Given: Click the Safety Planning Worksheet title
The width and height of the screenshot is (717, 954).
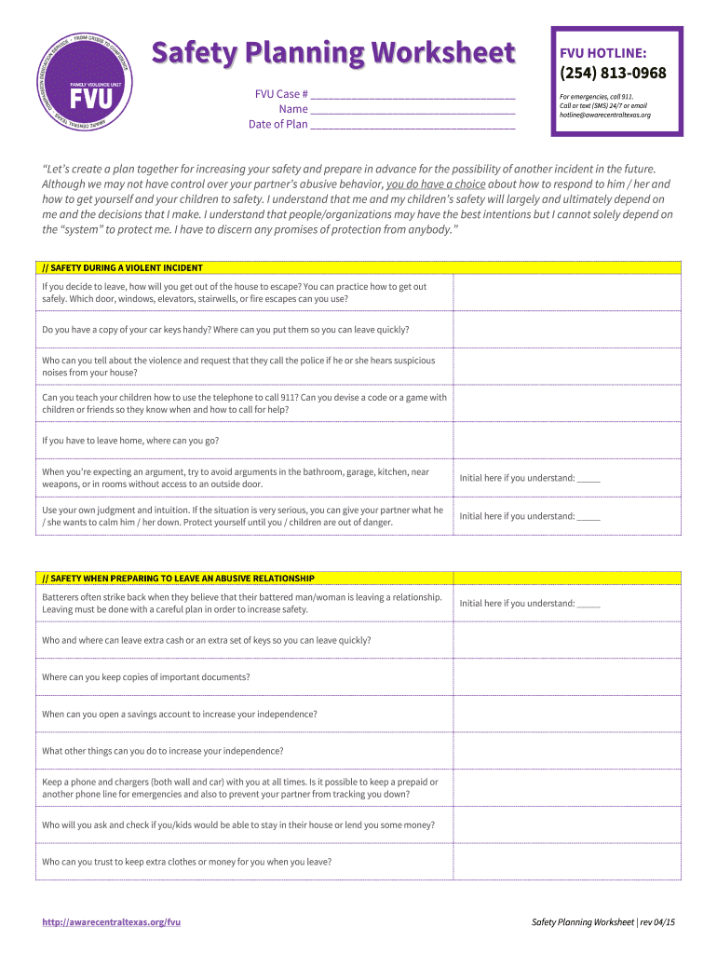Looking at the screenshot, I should [x=333, y=54].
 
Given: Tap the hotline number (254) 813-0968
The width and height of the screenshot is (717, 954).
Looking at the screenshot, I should [x=613, y=74].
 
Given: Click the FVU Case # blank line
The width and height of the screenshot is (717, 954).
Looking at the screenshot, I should [x=413, y=94].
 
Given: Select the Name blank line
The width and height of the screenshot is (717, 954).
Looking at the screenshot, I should [x=413, y=109].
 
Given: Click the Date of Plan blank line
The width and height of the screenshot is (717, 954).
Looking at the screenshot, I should [x=413, y=124].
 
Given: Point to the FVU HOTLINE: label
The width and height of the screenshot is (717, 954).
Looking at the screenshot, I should [x=597, y=53].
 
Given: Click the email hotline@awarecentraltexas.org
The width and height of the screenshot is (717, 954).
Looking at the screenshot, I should [x=604, y=115].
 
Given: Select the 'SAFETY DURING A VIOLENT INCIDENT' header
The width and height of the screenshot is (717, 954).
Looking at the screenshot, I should [x=123, y=267].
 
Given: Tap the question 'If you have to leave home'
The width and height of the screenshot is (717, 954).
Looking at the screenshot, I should [x=130, y=441].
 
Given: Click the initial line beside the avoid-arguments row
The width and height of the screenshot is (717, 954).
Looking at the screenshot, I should [x=588, y=479].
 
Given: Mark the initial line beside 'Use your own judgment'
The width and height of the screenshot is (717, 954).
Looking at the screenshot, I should [x=588, y=516].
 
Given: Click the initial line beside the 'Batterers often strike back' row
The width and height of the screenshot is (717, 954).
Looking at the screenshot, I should [x=588, y=604].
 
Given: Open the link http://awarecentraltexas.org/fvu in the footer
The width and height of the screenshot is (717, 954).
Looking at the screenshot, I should [x=111, y=921].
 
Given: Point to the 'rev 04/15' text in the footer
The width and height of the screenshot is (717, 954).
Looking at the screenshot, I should [x=657, y=921].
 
